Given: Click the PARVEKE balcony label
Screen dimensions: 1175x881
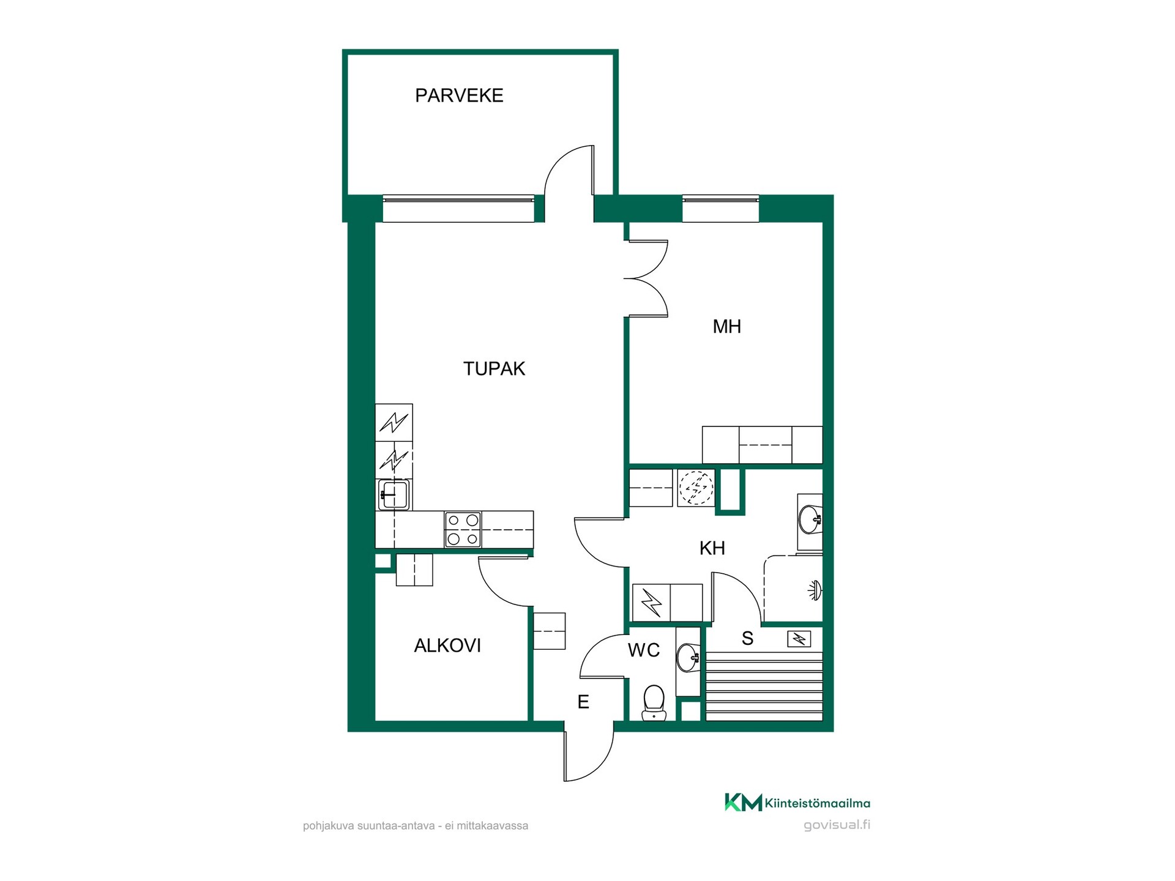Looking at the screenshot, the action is point(459,95).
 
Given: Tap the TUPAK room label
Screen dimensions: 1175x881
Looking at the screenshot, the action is point(494,368).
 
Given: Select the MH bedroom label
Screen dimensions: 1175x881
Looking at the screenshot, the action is point(726,327).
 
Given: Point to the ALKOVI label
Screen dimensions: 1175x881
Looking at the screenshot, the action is point(447,645).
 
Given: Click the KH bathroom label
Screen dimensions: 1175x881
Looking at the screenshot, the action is point(712,548).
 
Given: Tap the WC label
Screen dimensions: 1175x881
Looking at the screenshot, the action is point(644,650).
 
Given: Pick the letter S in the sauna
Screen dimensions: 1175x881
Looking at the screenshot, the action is point(747,639).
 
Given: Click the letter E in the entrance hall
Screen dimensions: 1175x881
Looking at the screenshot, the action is point(583,702).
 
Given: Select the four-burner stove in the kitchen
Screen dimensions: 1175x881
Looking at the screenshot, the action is point(463,529).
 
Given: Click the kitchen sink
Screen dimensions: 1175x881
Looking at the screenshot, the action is point(394,495).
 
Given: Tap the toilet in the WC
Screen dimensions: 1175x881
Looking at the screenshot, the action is point(654,702).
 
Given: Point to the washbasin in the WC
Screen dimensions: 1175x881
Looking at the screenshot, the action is point(688,658).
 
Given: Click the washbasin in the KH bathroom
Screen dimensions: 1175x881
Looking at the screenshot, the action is point(810,519).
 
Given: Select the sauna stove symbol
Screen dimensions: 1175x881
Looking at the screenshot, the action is point(799,639).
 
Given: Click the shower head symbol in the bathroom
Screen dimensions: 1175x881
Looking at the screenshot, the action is point(815,590).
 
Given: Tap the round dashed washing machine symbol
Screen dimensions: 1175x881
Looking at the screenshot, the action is point(696,488).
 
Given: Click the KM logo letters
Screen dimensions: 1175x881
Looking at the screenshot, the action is point(744,802).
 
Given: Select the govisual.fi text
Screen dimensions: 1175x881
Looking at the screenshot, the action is point(837,825).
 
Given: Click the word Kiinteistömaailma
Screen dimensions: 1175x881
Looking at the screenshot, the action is point(818,803).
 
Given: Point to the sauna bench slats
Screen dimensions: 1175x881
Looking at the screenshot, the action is point(765,686).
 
